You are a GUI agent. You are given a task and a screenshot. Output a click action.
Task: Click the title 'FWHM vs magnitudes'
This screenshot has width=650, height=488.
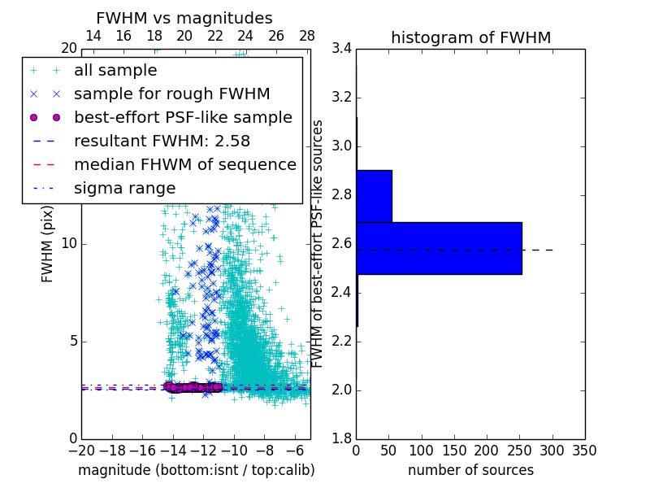184,18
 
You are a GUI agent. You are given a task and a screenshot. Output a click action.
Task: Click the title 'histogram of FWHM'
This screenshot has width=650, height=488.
470,37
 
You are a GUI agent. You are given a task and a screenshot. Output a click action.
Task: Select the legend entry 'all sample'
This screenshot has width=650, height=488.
115,71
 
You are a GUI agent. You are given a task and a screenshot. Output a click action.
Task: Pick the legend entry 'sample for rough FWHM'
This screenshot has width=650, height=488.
171,94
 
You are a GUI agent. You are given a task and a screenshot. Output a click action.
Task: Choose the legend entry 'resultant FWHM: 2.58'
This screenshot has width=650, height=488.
162,141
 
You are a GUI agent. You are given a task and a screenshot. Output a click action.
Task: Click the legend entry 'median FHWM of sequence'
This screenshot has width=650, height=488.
184,164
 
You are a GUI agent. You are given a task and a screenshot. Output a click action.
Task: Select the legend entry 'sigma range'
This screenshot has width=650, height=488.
124,188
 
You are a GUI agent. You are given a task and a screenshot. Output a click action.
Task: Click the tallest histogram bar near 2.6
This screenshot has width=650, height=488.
439,248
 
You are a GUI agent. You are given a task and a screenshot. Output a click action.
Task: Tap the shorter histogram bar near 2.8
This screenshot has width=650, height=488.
374,196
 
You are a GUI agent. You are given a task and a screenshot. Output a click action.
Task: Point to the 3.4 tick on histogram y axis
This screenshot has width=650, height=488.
342,49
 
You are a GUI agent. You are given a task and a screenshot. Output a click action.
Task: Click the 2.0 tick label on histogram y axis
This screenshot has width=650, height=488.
342,390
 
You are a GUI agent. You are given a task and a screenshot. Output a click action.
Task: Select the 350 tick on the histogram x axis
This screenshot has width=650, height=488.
584,450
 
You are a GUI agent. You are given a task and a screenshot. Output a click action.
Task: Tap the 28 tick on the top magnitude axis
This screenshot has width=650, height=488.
307,36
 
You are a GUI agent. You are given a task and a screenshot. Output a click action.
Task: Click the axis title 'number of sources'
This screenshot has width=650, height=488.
470,470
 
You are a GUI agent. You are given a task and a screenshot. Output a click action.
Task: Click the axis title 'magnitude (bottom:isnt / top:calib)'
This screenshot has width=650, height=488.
196,470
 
